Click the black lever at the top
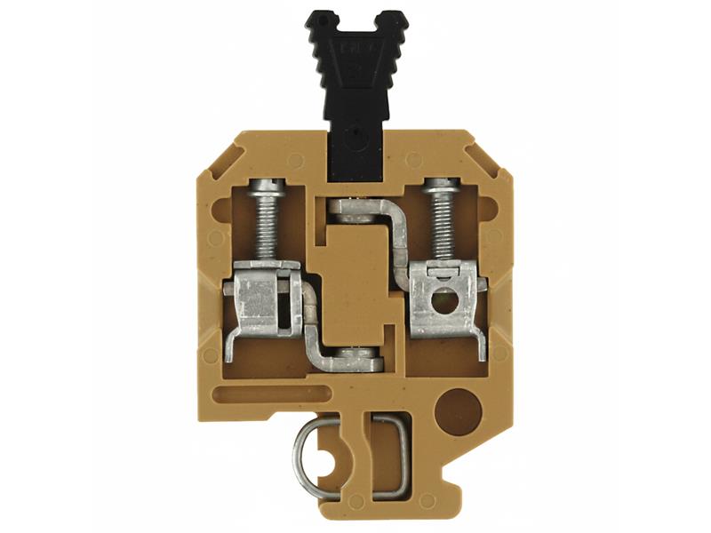coord(355,89)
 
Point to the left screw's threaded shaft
coord(267,229)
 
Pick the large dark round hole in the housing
coord(461,408)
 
